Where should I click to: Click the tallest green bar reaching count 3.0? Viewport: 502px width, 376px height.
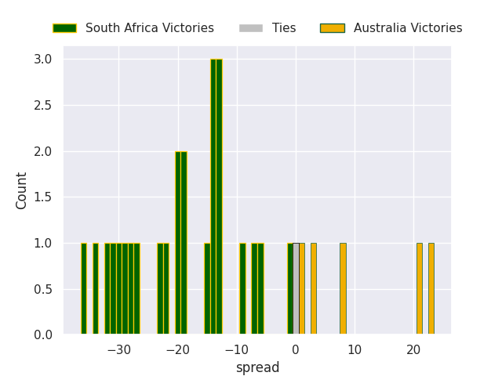pos(216,196)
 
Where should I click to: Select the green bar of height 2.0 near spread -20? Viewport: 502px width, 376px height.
pos(180,243)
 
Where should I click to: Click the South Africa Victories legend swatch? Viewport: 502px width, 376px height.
pos(64,28)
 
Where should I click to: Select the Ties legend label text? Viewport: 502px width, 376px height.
pos(284,28)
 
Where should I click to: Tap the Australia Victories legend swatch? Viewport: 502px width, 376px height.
pos(332,28)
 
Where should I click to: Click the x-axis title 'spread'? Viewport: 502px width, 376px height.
pos(257,367)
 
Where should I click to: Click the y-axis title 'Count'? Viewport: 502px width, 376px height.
pos(22,190)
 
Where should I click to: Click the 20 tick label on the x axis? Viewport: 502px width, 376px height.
pos(413,349)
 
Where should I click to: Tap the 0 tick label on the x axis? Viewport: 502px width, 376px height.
pos(296,349)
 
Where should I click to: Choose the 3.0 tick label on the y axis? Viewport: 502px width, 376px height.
pos(43,60)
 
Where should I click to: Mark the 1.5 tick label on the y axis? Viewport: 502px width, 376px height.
pos(43,197)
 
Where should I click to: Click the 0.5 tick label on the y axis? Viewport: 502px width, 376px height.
pos(43,289)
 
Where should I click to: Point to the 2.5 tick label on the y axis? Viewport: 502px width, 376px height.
pos(43,106)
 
